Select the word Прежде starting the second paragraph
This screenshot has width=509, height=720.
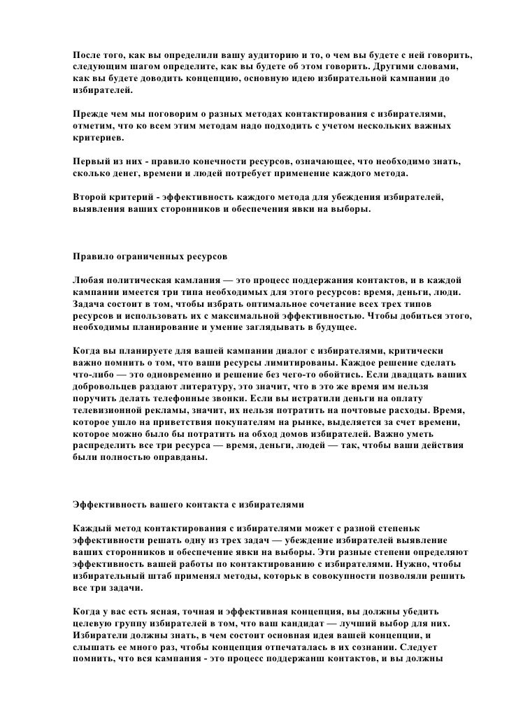click(92, 113)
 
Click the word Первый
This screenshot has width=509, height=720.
click(93, 161)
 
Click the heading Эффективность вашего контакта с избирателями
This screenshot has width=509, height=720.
click(189, 503)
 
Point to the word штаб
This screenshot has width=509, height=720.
click(163, 576)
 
